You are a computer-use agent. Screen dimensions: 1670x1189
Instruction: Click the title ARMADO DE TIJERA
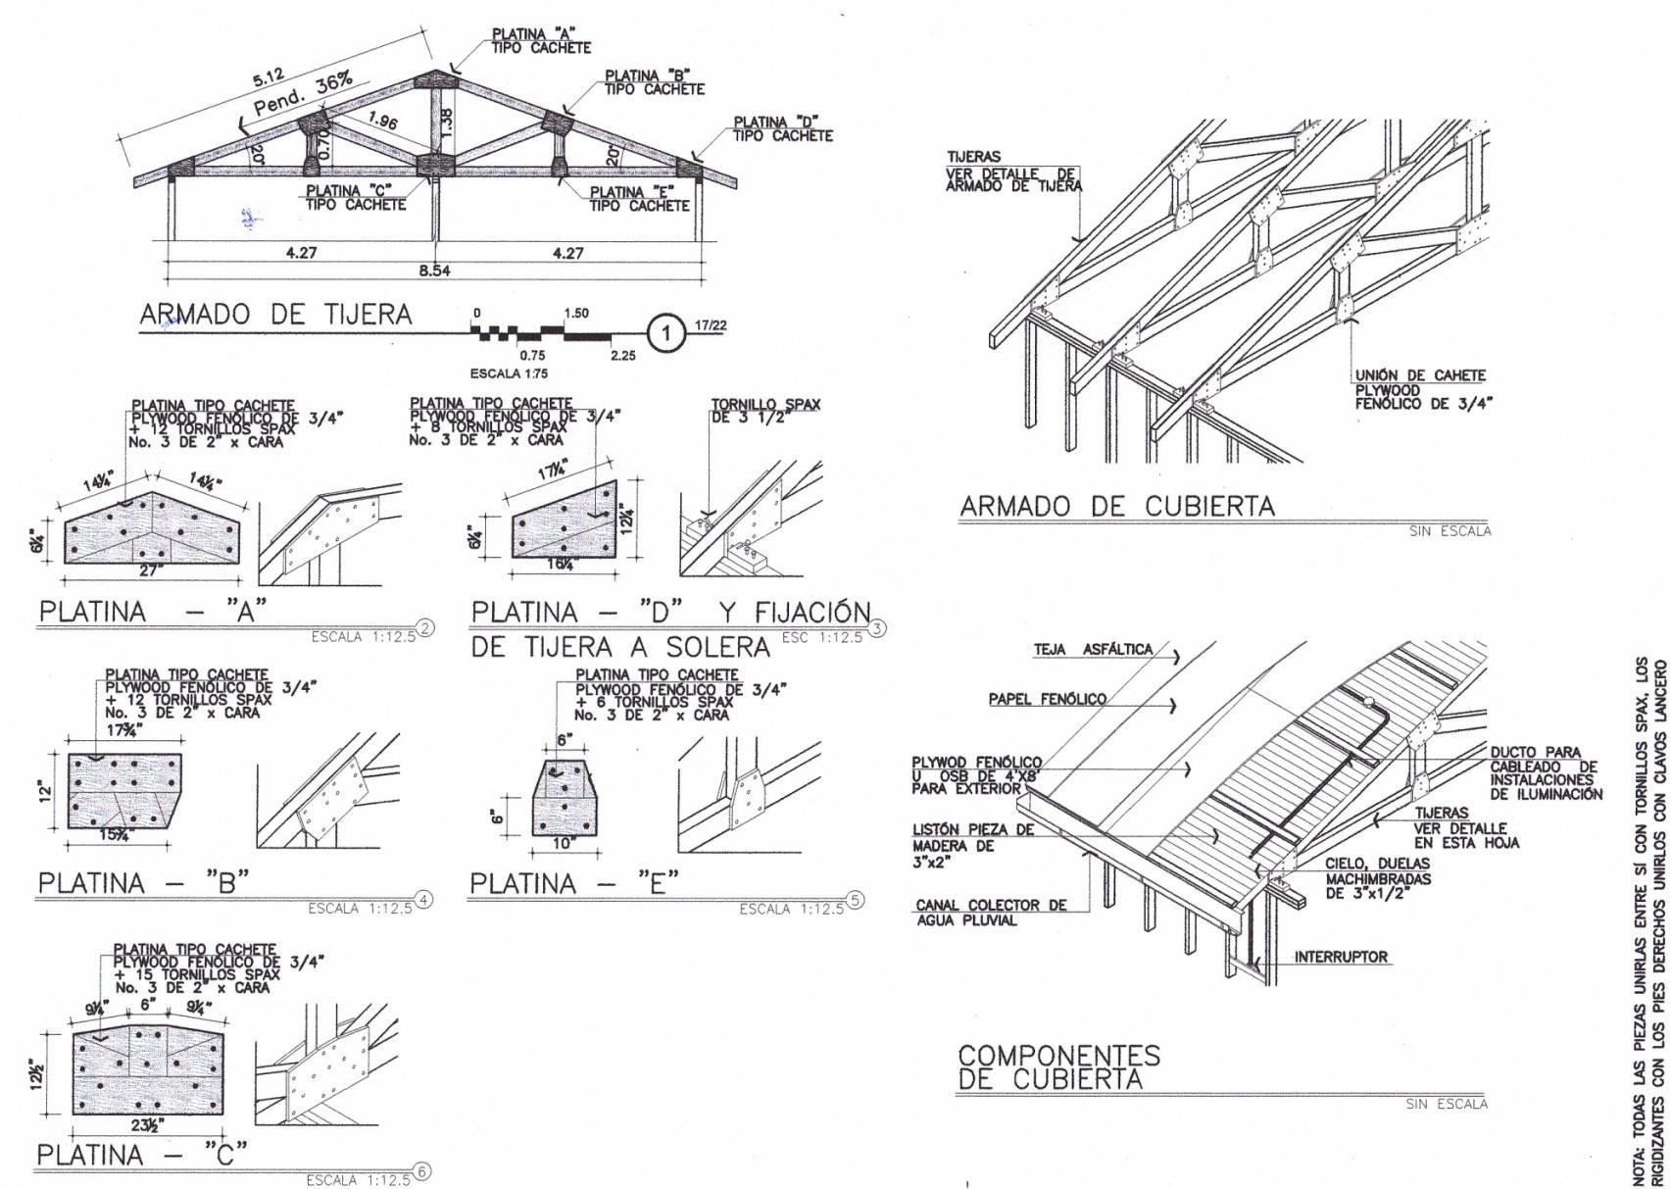[275, 315]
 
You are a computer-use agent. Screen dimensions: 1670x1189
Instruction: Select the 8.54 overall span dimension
[434, 271]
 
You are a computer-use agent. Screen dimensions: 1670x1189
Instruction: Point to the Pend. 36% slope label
[303, 95]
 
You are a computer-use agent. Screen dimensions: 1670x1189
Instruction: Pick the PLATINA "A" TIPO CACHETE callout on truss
[541, 40]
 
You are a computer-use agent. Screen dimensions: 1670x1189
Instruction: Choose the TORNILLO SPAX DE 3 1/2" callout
[765, 411]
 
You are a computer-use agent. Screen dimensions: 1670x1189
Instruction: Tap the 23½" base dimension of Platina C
[148, 1124]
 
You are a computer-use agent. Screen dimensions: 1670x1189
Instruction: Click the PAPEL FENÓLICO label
[1047, 699]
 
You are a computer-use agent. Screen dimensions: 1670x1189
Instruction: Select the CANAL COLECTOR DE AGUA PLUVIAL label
[991, 913]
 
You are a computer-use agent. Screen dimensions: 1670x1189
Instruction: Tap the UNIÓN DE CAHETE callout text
[1421, 375]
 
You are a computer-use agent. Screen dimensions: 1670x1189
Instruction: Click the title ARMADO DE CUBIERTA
[1117, 507]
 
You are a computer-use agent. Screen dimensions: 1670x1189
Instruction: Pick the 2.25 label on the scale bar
[622, 355]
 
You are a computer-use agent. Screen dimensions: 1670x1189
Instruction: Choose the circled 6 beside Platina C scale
[422, 1170]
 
